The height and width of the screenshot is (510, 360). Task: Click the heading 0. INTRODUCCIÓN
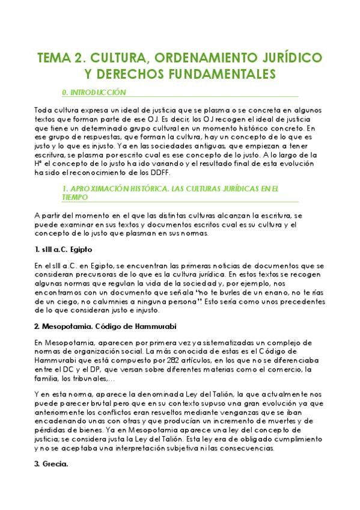click(x=94, y=93)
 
